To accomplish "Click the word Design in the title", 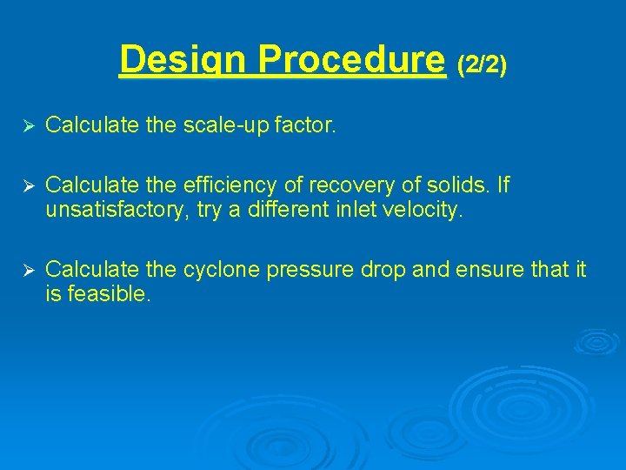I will pyautogui.click(x=183, y=61).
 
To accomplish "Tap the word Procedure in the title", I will pyautogui.click(x=351, y=61).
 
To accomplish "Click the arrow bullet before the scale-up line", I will pyautogui.click(x=27, y=127).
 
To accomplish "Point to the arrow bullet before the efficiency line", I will pyautogui.click(x=27, y=185).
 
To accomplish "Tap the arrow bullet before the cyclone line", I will pyautogui.click(x=27, y=271).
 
